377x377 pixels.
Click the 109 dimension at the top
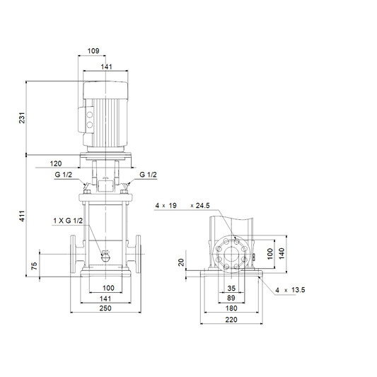coord(93,51)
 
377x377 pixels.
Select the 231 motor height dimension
coord(22,117)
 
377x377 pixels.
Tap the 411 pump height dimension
coord(22,216)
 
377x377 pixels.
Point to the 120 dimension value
coord(56,163)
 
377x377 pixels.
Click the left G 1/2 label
coord(64,175)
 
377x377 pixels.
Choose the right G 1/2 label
coord(148,175)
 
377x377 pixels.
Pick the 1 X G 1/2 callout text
coord(68,221)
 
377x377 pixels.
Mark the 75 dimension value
coord(35,265)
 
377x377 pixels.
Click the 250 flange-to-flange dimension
coord(105,308)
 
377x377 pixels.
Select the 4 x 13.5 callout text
coord(290,290)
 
